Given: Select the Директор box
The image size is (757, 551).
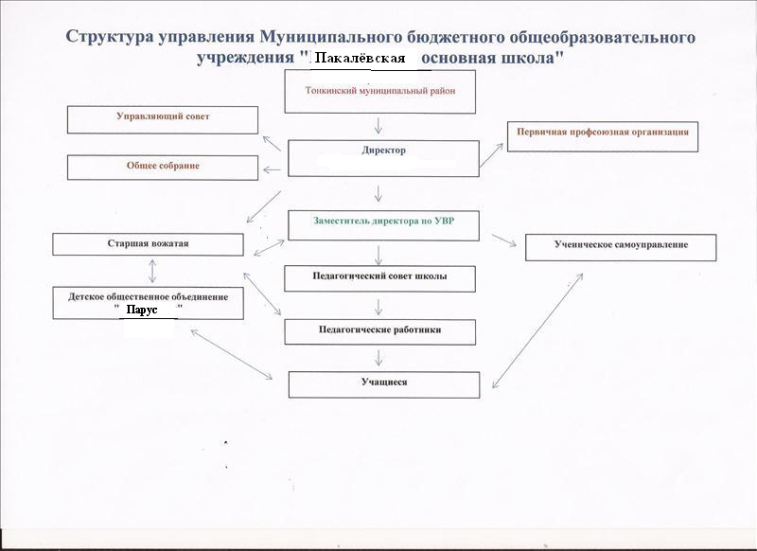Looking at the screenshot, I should tap(383, 158).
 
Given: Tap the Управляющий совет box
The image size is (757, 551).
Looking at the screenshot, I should tap(163, 119).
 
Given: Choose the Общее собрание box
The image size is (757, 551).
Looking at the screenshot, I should tap(163, 167).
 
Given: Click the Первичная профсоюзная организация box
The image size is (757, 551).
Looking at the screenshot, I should tap(602, 136).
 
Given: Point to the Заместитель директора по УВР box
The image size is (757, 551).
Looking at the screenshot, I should tap(382, 224).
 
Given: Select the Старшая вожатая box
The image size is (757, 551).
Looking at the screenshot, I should tap(148, 244).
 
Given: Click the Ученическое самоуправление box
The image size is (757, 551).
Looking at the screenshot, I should tap(621, 247).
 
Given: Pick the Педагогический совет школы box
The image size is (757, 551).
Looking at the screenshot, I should tap(379, 278).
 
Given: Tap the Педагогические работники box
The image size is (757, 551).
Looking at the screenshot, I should tap(379, 331).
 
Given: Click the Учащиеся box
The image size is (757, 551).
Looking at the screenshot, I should tap(384, 383).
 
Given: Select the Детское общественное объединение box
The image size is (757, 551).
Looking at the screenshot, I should tap(148, 303).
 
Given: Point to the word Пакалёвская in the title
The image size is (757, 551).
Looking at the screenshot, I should tap(360, 60).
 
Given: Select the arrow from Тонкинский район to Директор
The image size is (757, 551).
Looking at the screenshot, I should tap(378, 126).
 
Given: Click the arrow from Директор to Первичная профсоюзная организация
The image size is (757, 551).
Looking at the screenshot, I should tap(492, 154).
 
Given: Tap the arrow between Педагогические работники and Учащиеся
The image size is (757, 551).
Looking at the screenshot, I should tap(378, 358).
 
